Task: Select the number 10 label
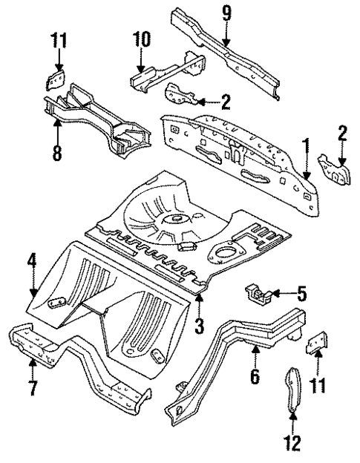pyautogui.click(x=142, y=38)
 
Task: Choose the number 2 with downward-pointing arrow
pyautogui.click(x=341, y=134)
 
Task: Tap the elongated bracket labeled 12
pyautogui.click(x=292, y=390)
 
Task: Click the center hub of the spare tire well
pyautogui.click(x=176, y=218)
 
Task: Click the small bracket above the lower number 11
pyautogui.click(x=318, y=344)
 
